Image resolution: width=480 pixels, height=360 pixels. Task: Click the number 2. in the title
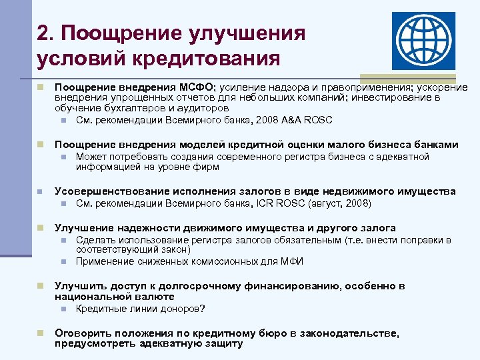[x=47, y=33]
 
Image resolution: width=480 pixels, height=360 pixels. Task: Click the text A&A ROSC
[x=305, y=121]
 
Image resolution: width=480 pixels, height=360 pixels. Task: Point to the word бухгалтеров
[x=128, y=109]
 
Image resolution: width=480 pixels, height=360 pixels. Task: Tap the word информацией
[x=105, y=167]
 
